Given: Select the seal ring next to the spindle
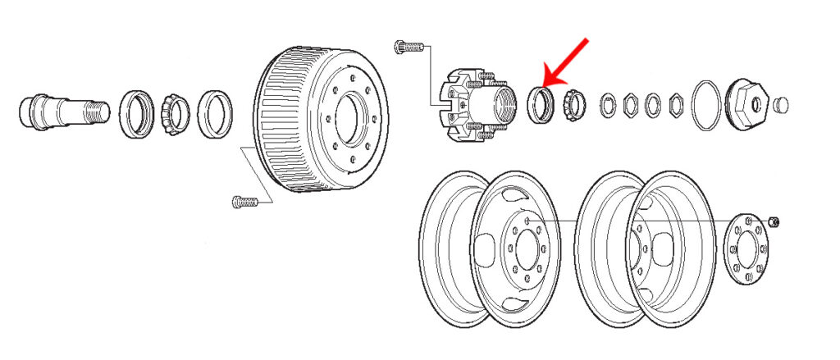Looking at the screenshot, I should coord(136,114).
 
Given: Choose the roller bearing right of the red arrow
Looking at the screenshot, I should coord(573,103).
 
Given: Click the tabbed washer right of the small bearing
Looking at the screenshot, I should coord(607,105).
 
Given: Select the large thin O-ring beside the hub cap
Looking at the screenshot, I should coord(707,103).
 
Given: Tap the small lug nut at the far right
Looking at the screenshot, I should coord(776,221).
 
